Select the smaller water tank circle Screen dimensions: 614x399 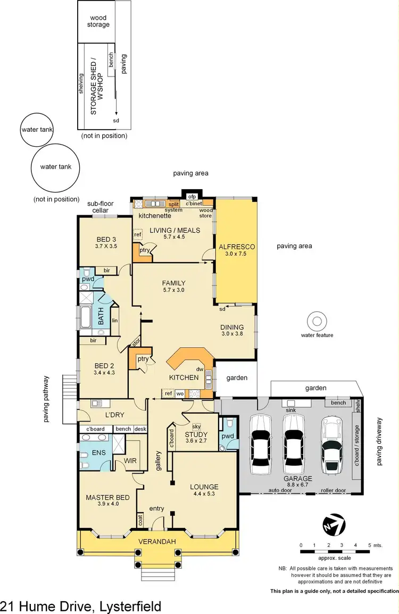point(37,129)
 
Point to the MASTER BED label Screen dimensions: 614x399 point(108,498)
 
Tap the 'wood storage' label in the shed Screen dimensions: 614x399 point(98,21)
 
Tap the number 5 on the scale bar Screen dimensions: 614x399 point(370,545)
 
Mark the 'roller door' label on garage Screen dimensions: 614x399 point(333,491)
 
